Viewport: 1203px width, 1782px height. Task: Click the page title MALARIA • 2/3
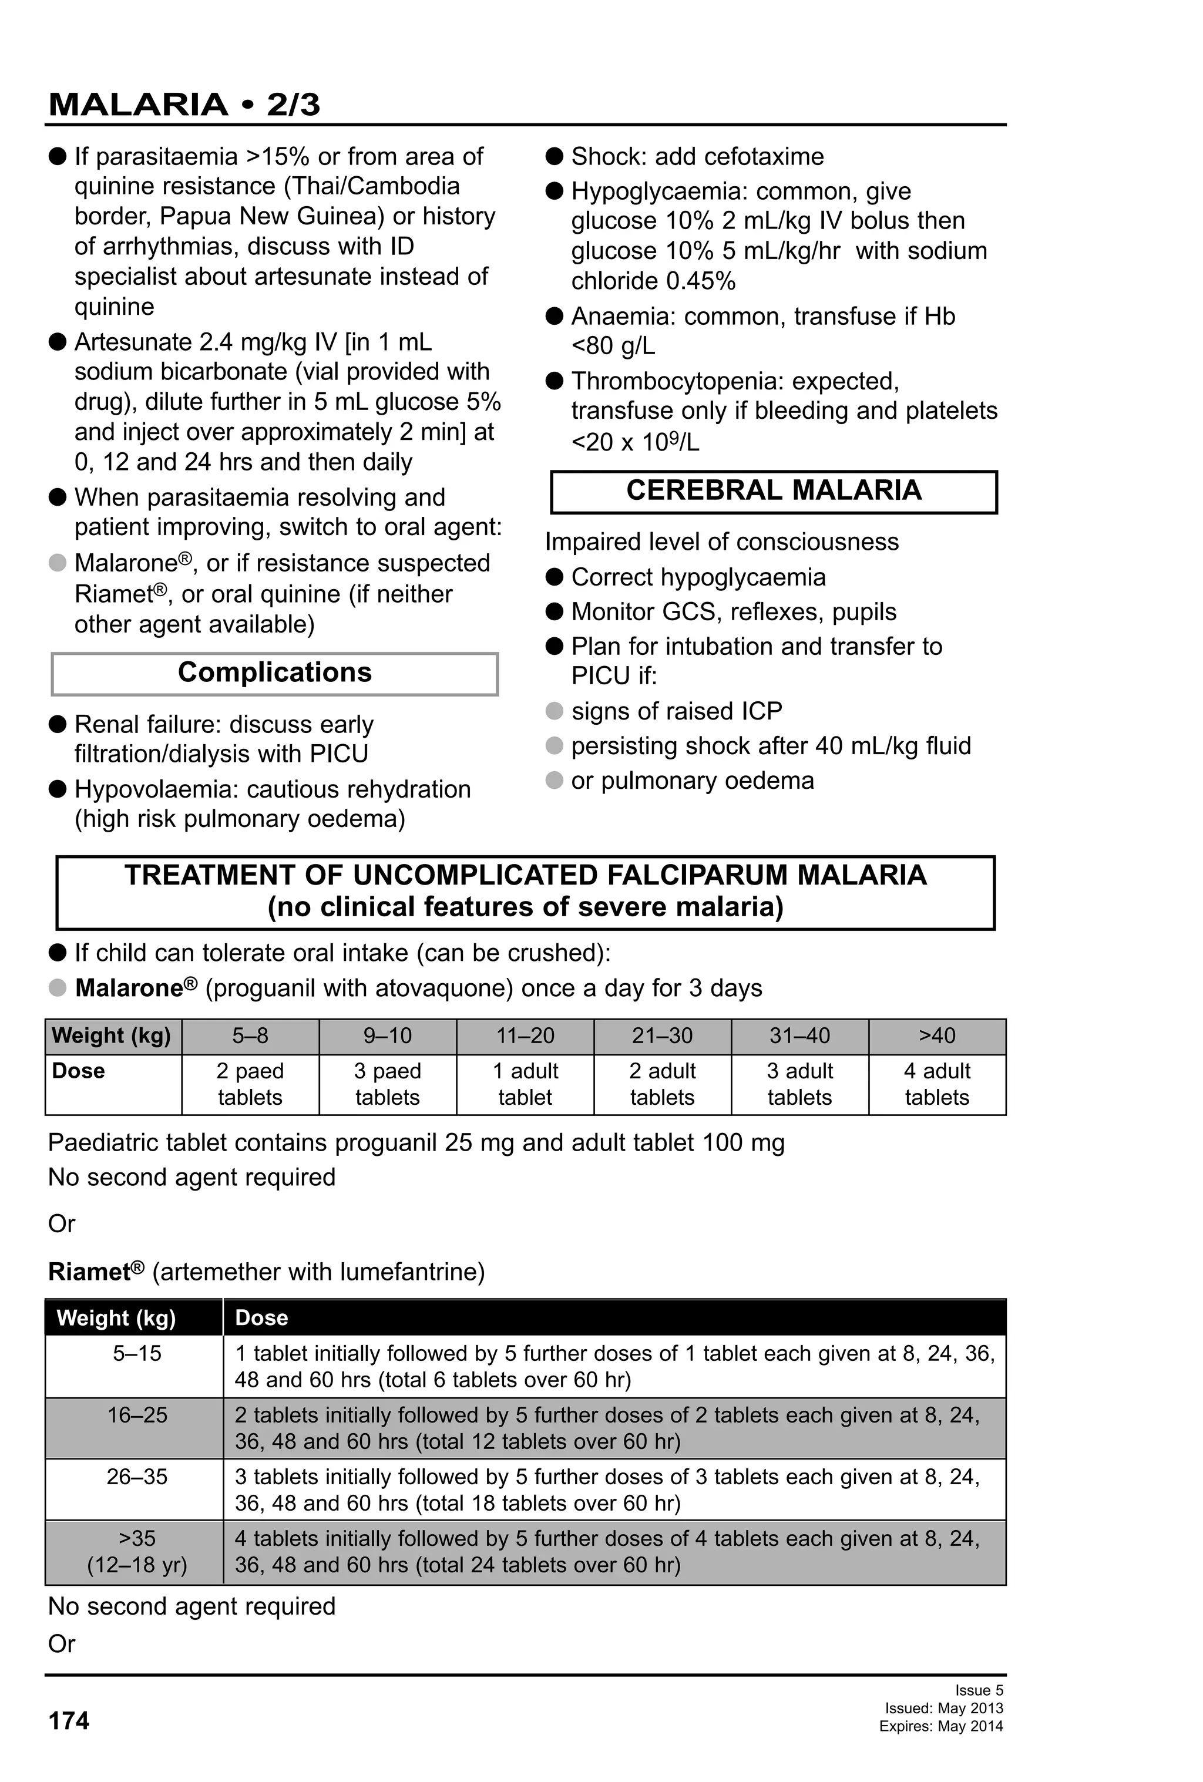click(x=184, y=105)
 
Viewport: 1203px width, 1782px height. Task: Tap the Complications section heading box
click(x=274, y=673)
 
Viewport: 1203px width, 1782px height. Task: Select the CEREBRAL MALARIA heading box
click(x=774, y=491)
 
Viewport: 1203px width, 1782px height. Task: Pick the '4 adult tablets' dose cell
click(x=936, y=1084)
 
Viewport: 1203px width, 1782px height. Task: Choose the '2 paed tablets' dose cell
click(x=250, y=1084)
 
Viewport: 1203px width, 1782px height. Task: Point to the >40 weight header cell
click(x=936, y=1036)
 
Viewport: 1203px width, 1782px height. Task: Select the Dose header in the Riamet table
click(x=261, y=1317)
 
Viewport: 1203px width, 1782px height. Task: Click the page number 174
click(x=69, y=1721)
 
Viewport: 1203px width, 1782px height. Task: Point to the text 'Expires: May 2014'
click(x=941, y=1726)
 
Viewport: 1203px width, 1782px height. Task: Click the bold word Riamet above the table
click(x=89, y=1272)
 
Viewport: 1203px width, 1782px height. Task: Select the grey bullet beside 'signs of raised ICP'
click(x=553, y=711)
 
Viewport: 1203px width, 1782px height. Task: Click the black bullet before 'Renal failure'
click(x=58, y=724)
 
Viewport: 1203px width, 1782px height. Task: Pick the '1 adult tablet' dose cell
click(x=525, y=1084)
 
